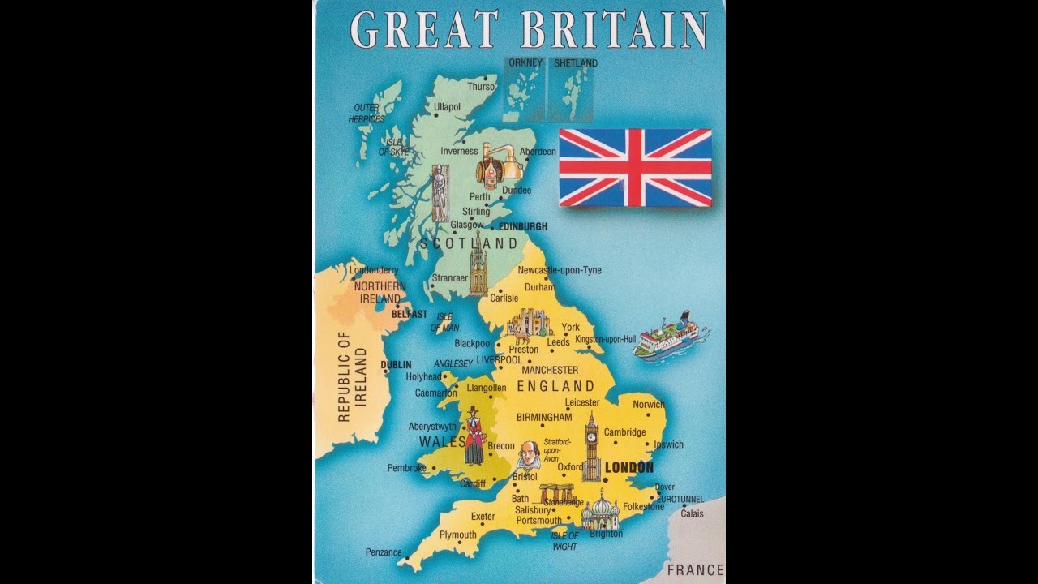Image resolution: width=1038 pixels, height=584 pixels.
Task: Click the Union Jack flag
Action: [x=635, y=167]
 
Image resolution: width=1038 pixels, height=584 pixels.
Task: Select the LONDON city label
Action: [x=629, y=468]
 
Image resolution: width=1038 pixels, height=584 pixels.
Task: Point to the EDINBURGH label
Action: [x=523, y=226]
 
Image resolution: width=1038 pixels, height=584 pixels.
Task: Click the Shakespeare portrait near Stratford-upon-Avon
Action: [x=528, y=457]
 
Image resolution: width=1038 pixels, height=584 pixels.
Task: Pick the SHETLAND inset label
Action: [x=575, y=63]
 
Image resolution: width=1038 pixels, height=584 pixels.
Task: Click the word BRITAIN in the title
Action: [x=615, y=30]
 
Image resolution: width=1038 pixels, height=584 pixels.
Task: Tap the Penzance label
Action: [x=384, y=552]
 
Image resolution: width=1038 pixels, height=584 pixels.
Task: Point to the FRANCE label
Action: [x=695, y=570]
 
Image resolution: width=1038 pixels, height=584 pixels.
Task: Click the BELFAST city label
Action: [x=409, y=314]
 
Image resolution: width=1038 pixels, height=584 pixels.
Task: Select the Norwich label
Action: [x=648, y=404]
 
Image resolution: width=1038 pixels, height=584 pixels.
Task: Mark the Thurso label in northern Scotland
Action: [x=481, y=87]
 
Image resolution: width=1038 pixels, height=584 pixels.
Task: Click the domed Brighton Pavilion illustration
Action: [x=601, y=511]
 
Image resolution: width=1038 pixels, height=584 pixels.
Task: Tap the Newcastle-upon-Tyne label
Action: [x=560, y=270]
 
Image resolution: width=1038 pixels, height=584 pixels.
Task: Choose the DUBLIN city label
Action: [x=397, y=365]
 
